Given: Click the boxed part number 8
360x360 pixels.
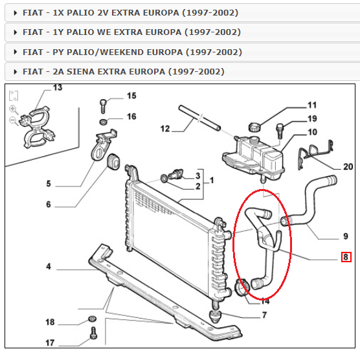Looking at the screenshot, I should pos(346,257).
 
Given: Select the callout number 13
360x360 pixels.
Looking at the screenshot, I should pos(58,87).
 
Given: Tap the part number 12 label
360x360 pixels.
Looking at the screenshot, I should pos(164,129).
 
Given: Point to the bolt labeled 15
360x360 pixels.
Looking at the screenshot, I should pos(103,102).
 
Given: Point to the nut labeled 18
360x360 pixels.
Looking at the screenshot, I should pos(91,320).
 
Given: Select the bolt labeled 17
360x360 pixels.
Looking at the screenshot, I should pos(93,335).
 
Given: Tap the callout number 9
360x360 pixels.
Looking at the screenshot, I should pos(346,236).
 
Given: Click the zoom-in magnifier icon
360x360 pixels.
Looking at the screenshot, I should pos(13,108).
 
